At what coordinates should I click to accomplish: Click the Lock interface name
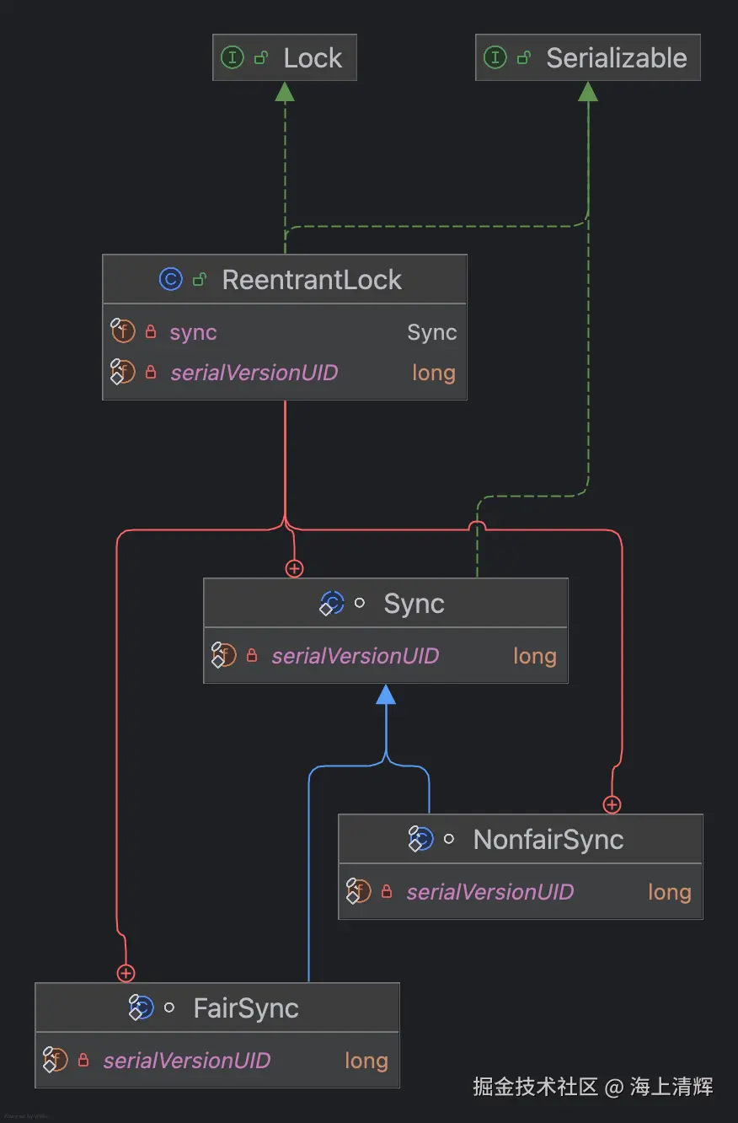click(313, 58)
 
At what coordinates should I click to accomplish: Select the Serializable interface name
click(616, 58)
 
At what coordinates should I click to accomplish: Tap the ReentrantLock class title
click(312, 280)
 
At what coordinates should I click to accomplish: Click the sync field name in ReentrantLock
click(193, 332)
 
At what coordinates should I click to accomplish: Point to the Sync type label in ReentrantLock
click(431, 332)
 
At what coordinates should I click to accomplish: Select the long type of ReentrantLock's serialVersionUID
click(433, 373)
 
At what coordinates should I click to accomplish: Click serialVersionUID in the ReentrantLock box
click(254, 373)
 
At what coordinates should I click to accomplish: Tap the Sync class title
click(414, 604)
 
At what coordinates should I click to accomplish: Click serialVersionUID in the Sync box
click(355, 656)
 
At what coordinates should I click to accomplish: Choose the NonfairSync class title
click(548, 840)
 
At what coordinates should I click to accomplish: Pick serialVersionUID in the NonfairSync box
click(489, 892)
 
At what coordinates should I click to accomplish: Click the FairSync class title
click(246, 1008)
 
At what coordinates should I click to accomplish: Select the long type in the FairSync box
click(366, 1061)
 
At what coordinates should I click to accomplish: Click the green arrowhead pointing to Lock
click(285, 92)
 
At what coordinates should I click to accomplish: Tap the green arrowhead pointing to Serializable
click(588, 92)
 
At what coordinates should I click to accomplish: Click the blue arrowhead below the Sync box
click(386, 695)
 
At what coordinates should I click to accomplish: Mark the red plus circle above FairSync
click(126, 974)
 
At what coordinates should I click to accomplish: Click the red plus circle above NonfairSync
click(612, 805)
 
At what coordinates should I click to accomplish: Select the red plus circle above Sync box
click(294, 569)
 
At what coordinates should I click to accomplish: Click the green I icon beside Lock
click(232, 57)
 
